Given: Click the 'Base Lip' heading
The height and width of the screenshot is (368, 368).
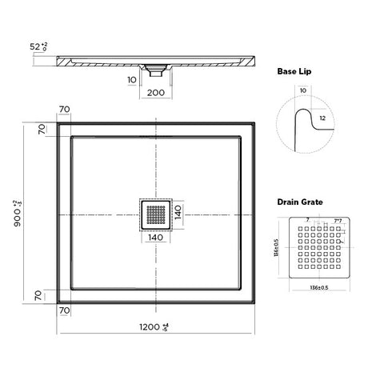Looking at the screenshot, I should coord(295,71).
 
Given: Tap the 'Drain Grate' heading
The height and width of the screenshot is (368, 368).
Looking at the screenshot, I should coord(301,203).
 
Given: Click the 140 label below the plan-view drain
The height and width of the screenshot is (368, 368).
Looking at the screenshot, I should coord(156,237).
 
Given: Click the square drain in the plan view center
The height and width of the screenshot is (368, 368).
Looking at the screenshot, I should coord(155,213).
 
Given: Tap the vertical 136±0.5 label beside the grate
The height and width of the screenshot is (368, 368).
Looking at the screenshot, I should coord(277,248).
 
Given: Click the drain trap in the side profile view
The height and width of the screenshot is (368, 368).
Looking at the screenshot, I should coord(156,70).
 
